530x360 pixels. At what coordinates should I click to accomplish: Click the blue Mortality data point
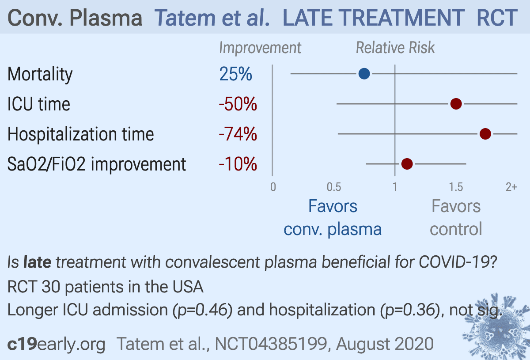tap(364, 74)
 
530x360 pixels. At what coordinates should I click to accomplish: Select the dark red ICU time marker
tap(456, 104)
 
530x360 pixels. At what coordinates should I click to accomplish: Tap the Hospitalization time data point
tap(485, 134)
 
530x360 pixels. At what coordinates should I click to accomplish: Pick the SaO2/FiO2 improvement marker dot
tap(407, 164)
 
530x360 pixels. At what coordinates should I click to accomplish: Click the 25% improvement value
tap(235, 74)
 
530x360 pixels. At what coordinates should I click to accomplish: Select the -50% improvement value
tap(238, 104)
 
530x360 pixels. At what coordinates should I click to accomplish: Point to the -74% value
tap(238, 134)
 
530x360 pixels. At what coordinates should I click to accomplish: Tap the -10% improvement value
tap(238, 164)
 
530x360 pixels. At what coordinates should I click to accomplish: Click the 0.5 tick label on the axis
tap(334, 187)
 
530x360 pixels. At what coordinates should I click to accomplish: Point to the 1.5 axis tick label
tap(456, 187)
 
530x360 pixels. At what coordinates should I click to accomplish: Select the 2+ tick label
tap(511, 187)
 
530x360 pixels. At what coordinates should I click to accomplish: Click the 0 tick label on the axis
tap(273, 187)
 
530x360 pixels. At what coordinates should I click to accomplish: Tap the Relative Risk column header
tap(395, 48)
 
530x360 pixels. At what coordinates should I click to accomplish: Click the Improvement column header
tap(260, 48)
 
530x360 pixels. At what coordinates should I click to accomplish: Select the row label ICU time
tap(39, 104)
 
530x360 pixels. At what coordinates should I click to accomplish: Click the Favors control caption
tap(456, 218)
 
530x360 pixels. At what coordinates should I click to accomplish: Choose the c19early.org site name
tap(57, 344)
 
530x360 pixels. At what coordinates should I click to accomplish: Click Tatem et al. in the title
tap(212, 18)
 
